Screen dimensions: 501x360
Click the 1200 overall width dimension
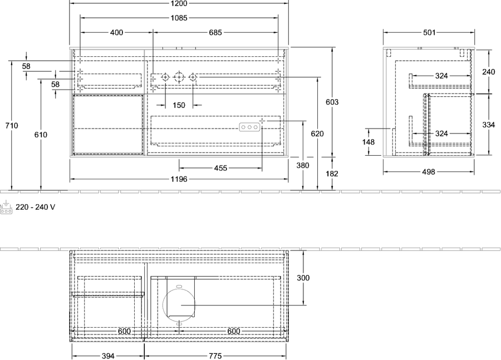pos(179,3)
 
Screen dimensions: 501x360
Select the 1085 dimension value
pos(179,18)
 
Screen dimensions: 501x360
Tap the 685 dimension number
pos(215,32)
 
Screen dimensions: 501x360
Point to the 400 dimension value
pos(117,32)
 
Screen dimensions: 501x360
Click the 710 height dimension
pos(12,126)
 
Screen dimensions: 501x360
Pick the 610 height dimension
pos(41,135)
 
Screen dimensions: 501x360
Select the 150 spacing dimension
pos(179,105)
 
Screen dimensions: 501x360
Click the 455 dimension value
pos(220,167)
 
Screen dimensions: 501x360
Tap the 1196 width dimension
pos(179,179)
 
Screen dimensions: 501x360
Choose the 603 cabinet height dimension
pos(332,102)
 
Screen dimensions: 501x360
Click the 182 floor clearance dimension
pos(332,174)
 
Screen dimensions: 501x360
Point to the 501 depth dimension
pos(429,32)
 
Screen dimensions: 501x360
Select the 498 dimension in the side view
pos(429,172)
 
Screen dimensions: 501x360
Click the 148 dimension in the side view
pos(369,142)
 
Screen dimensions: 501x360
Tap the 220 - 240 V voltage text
pos(35,208)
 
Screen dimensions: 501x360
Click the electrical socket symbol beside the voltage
pos(6,208)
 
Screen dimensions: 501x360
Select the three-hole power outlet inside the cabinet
pos(249,127)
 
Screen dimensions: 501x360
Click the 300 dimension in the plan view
pos(303,278)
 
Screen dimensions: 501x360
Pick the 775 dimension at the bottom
pos(215,356)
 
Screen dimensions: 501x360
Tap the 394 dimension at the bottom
pos(108,356)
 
